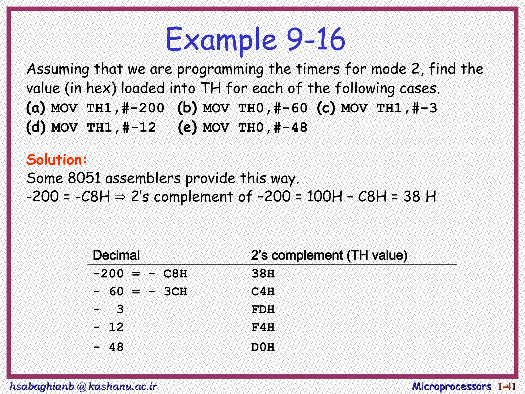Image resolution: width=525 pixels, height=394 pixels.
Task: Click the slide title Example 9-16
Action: click(x=255, y=40)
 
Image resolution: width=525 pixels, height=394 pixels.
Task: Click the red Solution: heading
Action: click(x=57, y=160)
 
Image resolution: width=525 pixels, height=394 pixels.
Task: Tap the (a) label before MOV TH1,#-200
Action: click(x=36, y=108)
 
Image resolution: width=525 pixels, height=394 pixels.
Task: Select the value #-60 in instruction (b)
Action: click(x=290, y=108)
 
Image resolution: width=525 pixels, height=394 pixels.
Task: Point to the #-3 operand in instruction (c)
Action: click(x=425, y=108)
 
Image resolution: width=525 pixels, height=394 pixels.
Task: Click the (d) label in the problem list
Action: click(x=36, y=127)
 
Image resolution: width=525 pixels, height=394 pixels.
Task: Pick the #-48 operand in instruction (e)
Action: click(x=290, y=127)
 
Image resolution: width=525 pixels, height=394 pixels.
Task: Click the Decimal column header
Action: click(x=116, y=255)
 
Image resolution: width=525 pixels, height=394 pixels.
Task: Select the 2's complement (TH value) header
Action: click(x=329, y=255)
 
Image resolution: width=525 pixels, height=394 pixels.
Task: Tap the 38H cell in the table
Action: click(x=263, y=274)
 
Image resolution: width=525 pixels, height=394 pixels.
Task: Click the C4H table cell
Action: click(x=263, y=292)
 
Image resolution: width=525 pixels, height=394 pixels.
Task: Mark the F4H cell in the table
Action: click(x=263, y=327)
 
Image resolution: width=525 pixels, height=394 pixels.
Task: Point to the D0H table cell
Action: click(x=263, y=347)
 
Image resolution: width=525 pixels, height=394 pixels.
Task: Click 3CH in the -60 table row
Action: click(x=176, y=292)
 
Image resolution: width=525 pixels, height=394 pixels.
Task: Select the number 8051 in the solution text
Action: click(x=84, y=178)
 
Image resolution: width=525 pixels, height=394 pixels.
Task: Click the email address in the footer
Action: click(x=83, y=386)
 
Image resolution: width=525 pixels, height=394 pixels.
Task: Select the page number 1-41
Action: click(x=507, y=386)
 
